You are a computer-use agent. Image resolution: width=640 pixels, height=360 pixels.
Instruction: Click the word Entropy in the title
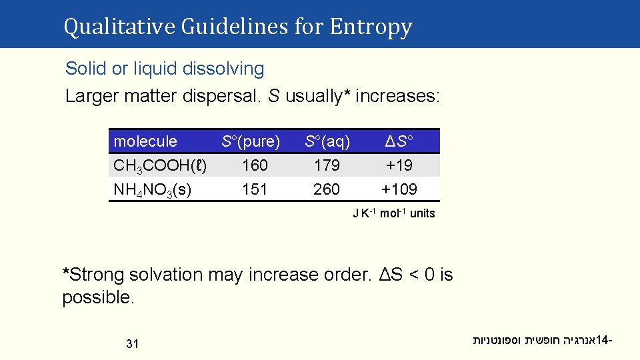(x=371, y=27)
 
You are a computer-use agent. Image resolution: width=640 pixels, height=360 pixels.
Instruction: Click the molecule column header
(x=145, y=141)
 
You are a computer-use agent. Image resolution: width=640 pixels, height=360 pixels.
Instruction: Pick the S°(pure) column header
(x=251, y=141)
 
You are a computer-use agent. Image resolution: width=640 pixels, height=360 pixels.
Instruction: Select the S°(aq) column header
(x=327, y=141)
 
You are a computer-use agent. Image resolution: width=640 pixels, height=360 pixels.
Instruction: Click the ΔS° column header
(x=399, y=141)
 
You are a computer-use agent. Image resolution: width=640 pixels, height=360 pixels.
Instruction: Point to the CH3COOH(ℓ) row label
(x=160, y=165)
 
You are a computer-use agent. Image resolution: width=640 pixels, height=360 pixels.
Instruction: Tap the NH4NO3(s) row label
(x=153, y=189)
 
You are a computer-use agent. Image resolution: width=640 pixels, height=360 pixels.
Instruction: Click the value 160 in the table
(x=255, y=165)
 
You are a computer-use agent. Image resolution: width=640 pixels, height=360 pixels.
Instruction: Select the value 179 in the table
(x=327, y=165)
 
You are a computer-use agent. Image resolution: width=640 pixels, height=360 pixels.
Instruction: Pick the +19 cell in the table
(x=399, y=165)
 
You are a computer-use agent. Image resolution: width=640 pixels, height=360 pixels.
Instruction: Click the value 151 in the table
(x=255, y=189)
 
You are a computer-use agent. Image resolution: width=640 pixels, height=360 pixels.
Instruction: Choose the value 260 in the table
(x=327, y=189)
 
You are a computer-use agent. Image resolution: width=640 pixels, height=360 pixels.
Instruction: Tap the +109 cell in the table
(x=399, y=189)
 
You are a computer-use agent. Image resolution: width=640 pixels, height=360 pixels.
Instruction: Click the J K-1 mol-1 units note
(x=394, y=213)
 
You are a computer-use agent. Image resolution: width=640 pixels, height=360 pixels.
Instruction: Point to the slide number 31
(x=132, y=344)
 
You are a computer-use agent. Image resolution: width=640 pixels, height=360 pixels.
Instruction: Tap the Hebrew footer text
(x=543, y=341)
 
